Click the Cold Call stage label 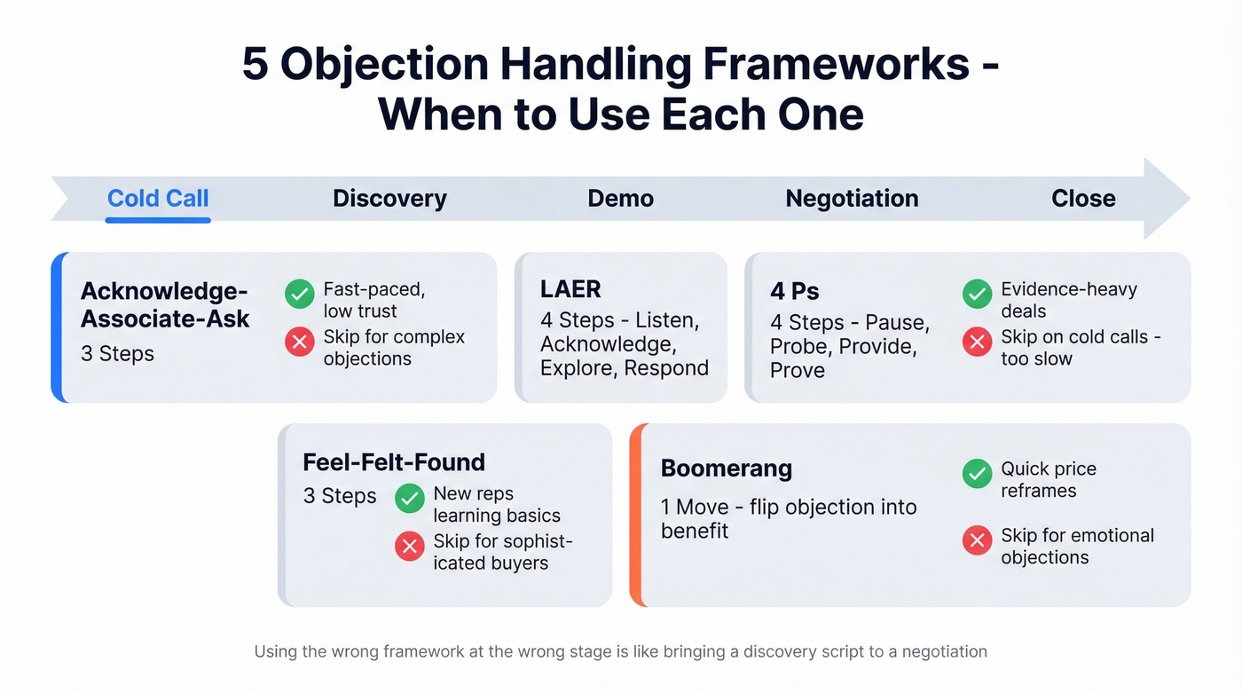158,198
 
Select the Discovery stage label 389,198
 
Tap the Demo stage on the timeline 620,198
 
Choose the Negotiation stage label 852,198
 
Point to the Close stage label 1083,198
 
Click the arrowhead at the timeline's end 1167,199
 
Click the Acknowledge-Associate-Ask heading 165,304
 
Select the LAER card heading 570,289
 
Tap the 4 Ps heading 795,291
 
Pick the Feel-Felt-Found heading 394,462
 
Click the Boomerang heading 727,469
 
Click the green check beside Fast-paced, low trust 300,295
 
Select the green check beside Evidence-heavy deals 977,295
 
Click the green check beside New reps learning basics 410,499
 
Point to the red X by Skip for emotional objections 977,540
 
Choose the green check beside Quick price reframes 977,474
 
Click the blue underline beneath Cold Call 158,219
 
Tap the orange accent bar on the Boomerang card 634,515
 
